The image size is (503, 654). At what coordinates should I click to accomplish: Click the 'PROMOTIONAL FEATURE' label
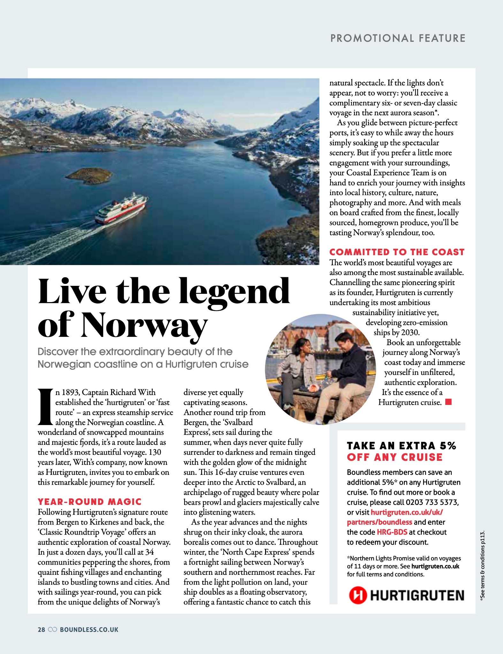pyautogui.click(x=398, y=38)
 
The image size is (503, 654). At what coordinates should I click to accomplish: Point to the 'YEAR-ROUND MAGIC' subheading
pyautogui.click(x=89, y=502)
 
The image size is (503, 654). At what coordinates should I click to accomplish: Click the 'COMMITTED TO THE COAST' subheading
pyautogui.click(x=397, y=252)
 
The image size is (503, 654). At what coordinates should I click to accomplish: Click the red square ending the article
pyautogui.click(x=448, y=402)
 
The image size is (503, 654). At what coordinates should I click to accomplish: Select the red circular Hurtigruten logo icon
pyautogui.click(x=358, y=595)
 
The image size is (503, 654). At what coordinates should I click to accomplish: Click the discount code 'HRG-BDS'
pyautogui.click(x=392, y=532)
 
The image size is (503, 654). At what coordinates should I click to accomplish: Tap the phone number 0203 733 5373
pyautogui.click(x=432, y=502)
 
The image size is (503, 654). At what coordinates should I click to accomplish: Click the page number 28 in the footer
pyautogui.click(x=41, y=629)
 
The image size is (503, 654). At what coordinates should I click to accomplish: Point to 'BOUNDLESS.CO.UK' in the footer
pyautogui.click(x=89, y=629)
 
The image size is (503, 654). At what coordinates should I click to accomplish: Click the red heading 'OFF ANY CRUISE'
pyautogui.click(x=395, y=457)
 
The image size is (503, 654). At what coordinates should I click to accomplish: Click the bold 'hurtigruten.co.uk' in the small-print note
pyautogui.click(x=435, y=567)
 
